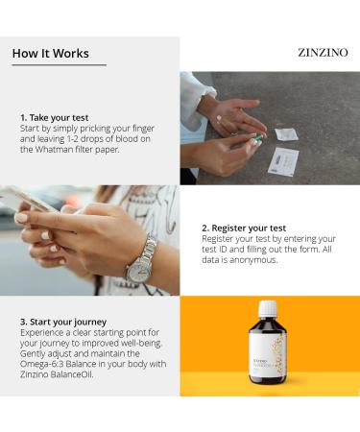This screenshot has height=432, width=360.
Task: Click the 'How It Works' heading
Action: [x=50, y=54]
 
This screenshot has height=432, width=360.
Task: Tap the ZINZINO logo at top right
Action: [x=323, y=53]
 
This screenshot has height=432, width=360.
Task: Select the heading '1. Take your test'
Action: [x=54, y=117]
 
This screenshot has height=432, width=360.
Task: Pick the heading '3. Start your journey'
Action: [x=64, y=321]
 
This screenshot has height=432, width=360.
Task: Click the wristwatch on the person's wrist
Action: [x=141, y=262]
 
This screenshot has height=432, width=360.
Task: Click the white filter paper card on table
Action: [x=284, y=160]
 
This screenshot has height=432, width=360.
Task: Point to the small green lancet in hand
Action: [x=257, y=139]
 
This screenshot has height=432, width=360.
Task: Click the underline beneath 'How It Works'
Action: [x=59, y=65]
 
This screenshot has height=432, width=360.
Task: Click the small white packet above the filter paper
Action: [x=286, y=134]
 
